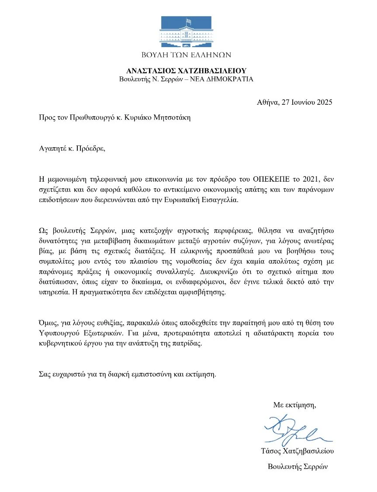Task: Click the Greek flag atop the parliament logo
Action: (189, 21)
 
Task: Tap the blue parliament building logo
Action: (188, 33)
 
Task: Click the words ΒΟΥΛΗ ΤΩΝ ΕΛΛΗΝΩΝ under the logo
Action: (187, 55)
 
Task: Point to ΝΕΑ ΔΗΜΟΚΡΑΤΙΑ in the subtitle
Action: (221, 79)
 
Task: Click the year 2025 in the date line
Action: (325, 103)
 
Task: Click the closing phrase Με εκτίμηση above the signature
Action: (294, 405)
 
